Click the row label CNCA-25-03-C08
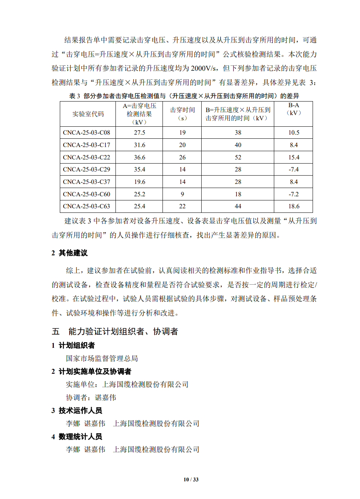87,132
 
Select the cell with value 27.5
139,132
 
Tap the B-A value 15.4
293,157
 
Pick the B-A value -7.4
293,169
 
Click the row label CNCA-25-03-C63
87,206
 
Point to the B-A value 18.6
293,206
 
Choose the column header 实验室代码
88,114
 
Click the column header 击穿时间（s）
182,114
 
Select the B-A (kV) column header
293,109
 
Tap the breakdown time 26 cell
182,157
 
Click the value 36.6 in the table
139,157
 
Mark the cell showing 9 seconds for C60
182,194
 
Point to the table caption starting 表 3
184,96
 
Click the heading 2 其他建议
70,253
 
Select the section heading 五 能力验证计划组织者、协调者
115,331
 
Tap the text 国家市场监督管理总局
102,358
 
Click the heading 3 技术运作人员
77,410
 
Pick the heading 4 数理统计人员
77,437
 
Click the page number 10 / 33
191,479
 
